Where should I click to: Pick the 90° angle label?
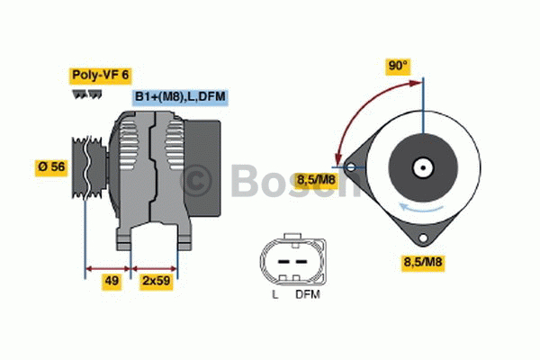[398, 66]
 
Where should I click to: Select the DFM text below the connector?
[305, 294]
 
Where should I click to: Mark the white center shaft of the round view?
[420, 167]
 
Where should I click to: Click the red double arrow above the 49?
[107, 267]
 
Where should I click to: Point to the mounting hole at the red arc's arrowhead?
[349, 166]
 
